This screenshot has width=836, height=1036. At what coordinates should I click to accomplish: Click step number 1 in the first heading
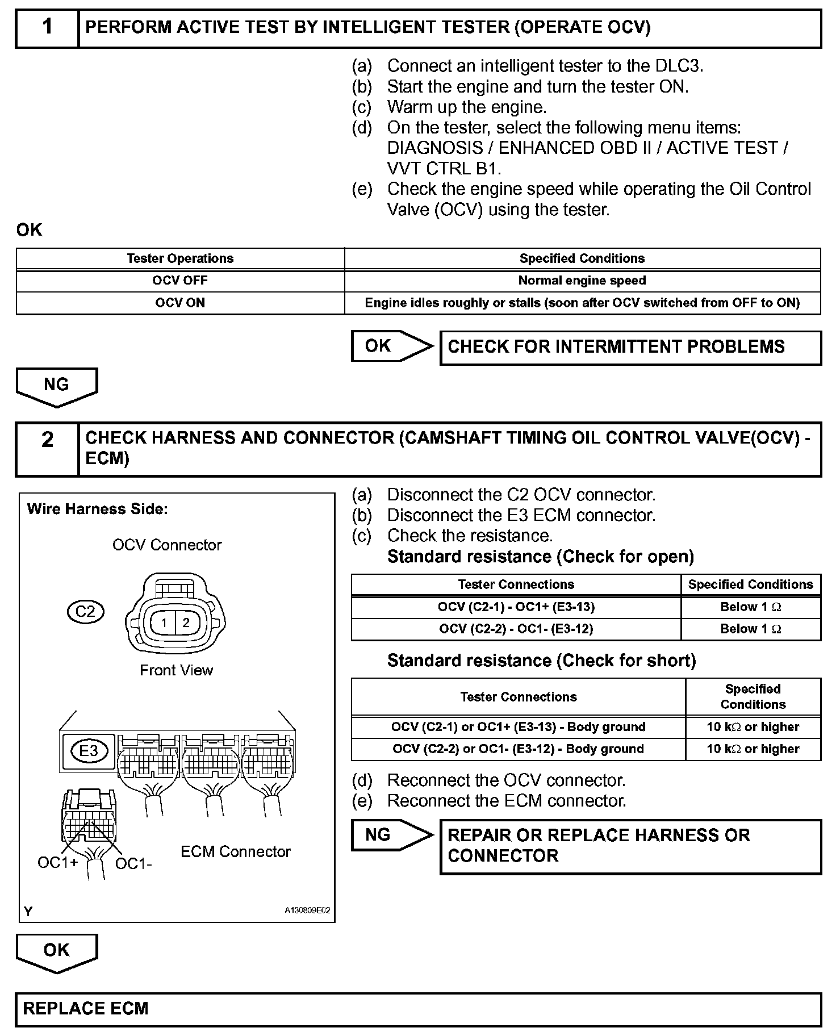tap(47, 27)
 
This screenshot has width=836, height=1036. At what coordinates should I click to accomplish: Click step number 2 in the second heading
tap(47, 439)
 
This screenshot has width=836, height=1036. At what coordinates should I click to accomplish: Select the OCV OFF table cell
tap(180, 281)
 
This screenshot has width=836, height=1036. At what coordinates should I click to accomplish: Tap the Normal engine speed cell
tap(582, 281)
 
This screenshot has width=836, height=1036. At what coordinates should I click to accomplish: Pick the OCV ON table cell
tap(180, 303)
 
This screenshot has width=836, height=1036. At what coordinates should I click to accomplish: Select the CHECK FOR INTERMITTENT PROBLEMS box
tap(630, 347)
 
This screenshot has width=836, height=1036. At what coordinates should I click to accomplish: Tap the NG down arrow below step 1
tap(56, 386)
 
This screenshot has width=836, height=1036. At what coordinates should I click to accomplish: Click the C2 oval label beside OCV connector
tap(85, 611)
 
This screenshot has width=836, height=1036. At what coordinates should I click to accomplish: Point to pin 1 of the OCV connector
tap(164, 623)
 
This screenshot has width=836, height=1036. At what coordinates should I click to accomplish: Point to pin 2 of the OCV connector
tap(186, 623)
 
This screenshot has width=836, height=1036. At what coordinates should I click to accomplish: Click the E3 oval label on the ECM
tap(88, 751)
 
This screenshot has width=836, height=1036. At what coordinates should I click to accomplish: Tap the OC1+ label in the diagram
tap(57, 863)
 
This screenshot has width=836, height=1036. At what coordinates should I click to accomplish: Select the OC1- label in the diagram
tap(133, 864)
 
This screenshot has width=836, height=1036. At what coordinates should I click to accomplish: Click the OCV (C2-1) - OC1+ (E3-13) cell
tap(516, 607)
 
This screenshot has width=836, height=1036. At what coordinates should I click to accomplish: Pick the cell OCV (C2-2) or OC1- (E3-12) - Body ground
tap(518, 749)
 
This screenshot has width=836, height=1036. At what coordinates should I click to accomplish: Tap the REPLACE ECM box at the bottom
tap(418, 1008)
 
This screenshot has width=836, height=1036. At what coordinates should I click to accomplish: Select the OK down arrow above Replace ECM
tap(56, 951)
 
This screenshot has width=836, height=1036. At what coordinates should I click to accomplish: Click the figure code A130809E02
tap(307, 910)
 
